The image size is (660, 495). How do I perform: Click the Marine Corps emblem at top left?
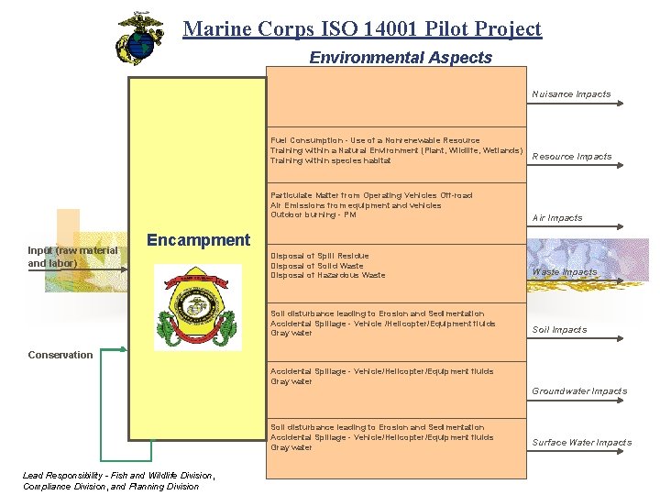click(139, 38)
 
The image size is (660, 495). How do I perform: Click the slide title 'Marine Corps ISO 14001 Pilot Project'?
click(362, 28)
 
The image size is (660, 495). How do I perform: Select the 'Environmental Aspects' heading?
click(401, 58)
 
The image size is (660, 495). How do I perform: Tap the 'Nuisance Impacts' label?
click(571, 94)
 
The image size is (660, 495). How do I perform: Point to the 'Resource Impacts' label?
click(572, 157)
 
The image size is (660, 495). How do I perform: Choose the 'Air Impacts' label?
click(557, 218)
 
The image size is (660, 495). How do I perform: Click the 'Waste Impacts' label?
click(565, 272)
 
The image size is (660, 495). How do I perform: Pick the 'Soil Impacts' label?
click(559, 330)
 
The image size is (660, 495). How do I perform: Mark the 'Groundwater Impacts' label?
click(579, 391)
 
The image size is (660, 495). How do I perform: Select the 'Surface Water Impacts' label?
click(582, 443)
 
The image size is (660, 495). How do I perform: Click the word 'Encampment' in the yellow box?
click(198, 240)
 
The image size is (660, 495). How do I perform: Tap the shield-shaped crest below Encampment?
click(198, 306)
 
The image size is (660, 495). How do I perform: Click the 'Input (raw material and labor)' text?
click(72, 257)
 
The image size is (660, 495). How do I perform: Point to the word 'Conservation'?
click(60, 355)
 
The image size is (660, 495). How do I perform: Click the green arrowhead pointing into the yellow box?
click(124, 348)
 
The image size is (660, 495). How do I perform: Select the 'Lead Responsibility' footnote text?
click(117, 480)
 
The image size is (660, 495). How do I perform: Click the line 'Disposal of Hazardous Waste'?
click(328, 276)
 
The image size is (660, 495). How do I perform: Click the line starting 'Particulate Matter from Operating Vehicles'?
click(371, 195)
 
